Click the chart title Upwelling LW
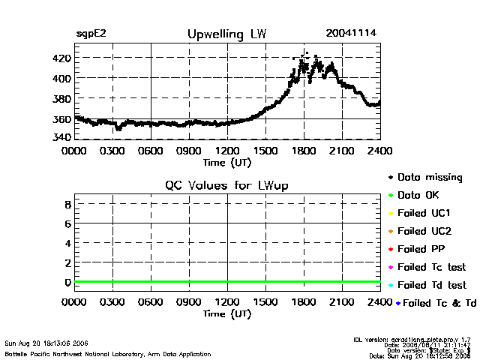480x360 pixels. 226,34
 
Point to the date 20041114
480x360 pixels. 351,34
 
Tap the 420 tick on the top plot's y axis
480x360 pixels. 61,58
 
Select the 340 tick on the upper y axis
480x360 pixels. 61,138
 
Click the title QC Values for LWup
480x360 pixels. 227,185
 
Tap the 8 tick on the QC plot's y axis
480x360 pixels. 67,204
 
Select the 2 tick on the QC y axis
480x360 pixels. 67,262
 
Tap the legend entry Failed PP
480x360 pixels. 421,249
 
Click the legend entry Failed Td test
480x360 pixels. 431,285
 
